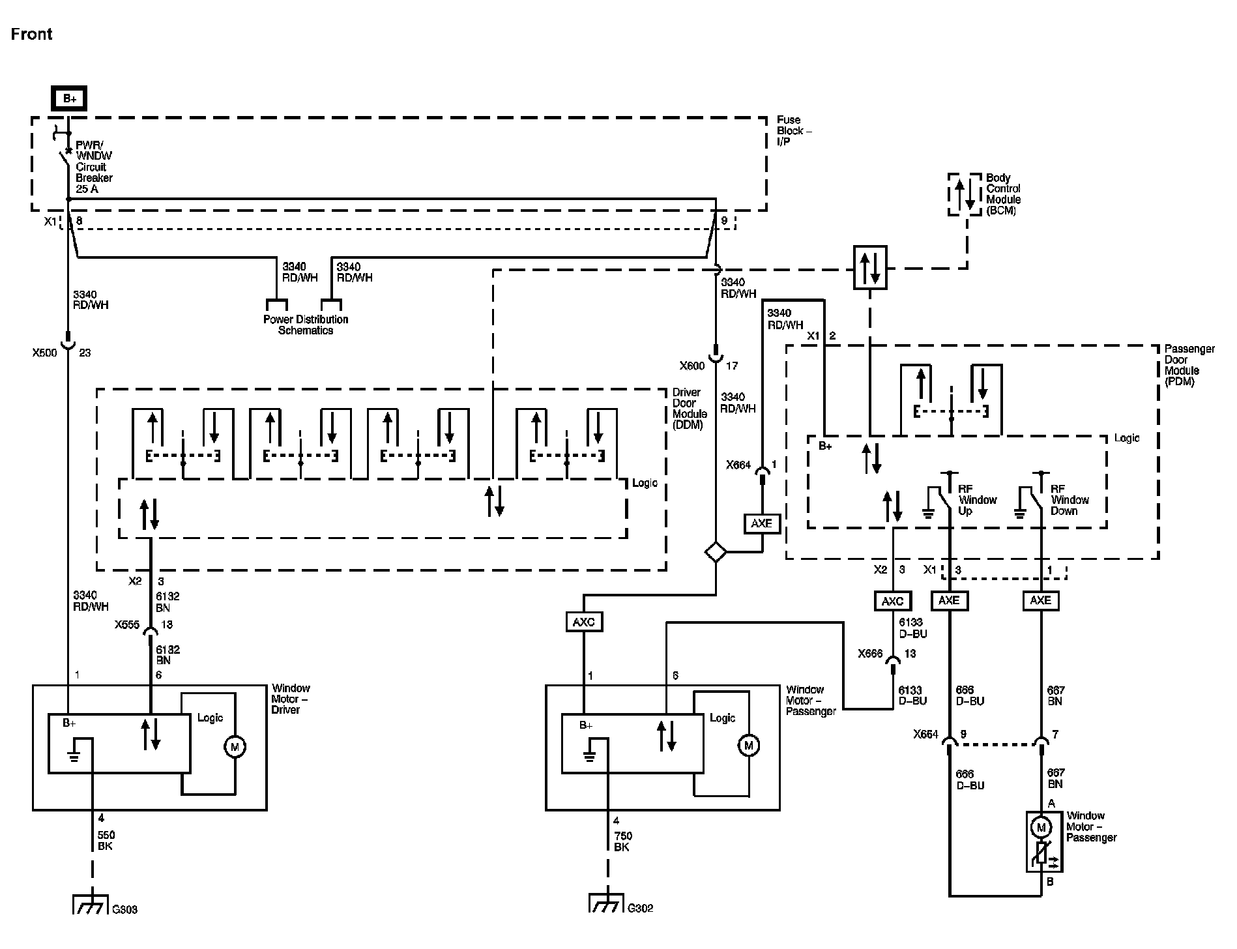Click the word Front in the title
(31, 34)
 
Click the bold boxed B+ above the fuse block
(69, 99)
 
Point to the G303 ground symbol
(91, 905)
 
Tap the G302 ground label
(640, 908)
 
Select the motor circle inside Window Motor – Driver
(235, 746)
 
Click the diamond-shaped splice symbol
(716, 552)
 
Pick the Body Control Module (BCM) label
(1003, 194)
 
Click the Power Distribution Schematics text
(306, 325)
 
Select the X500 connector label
(45, 353)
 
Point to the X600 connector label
(692, 366)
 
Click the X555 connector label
(127, 624)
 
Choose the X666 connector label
(871, 654)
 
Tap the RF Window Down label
(1070, 500)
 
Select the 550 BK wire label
(106, 841)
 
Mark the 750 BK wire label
(622, 841)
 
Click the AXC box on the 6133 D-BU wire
(892, 601)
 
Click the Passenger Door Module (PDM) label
(1189, 365)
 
